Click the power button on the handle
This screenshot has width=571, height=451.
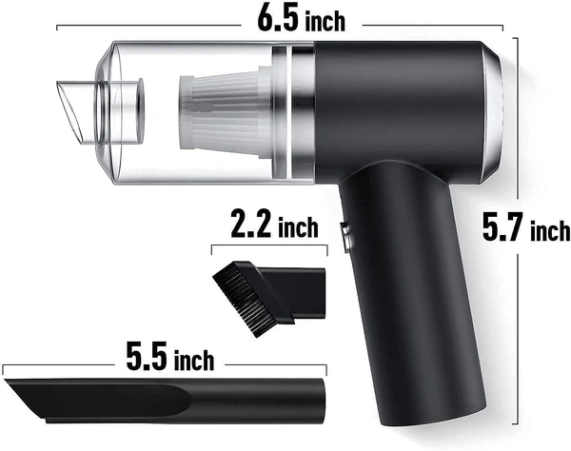345,233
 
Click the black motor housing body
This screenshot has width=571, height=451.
400,105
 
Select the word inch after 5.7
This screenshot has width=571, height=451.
551,230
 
